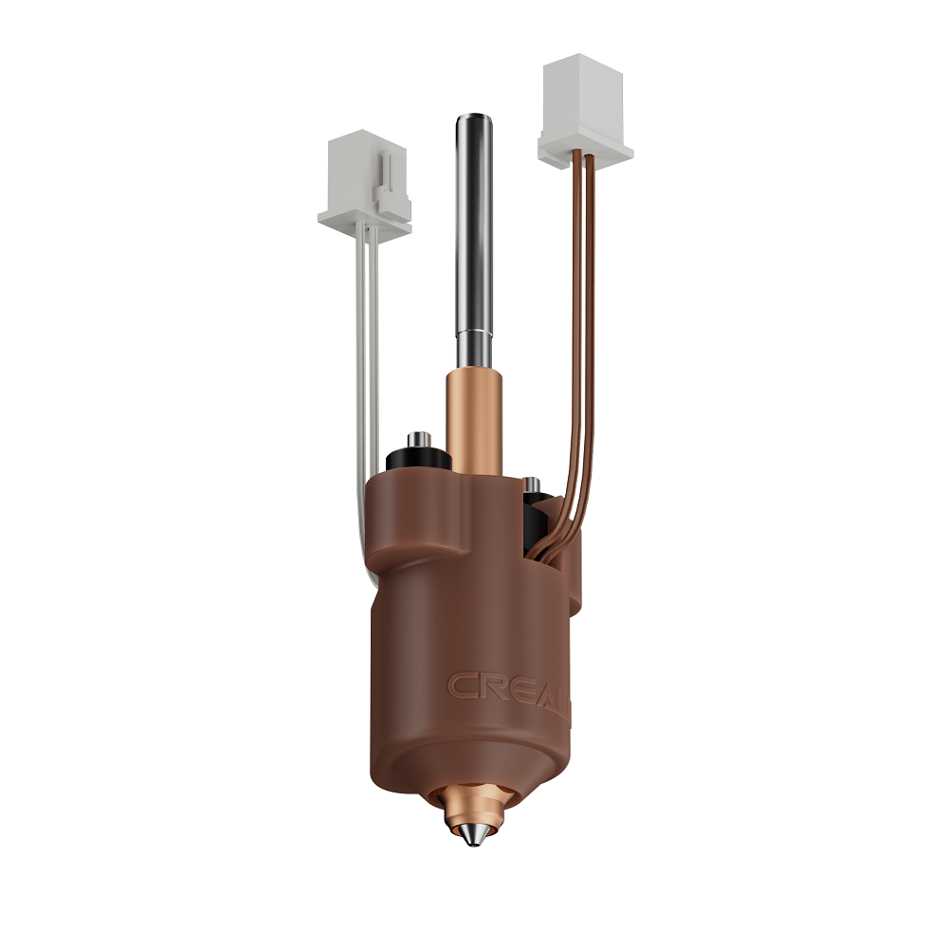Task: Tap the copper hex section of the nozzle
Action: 471,806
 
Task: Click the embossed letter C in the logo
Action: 464,685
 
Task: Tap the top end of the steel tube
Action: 472,120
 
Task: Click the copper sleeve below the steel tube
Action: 471,417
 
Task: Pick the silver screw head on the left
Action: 418,439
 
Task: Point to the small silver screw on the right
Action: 533,484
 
